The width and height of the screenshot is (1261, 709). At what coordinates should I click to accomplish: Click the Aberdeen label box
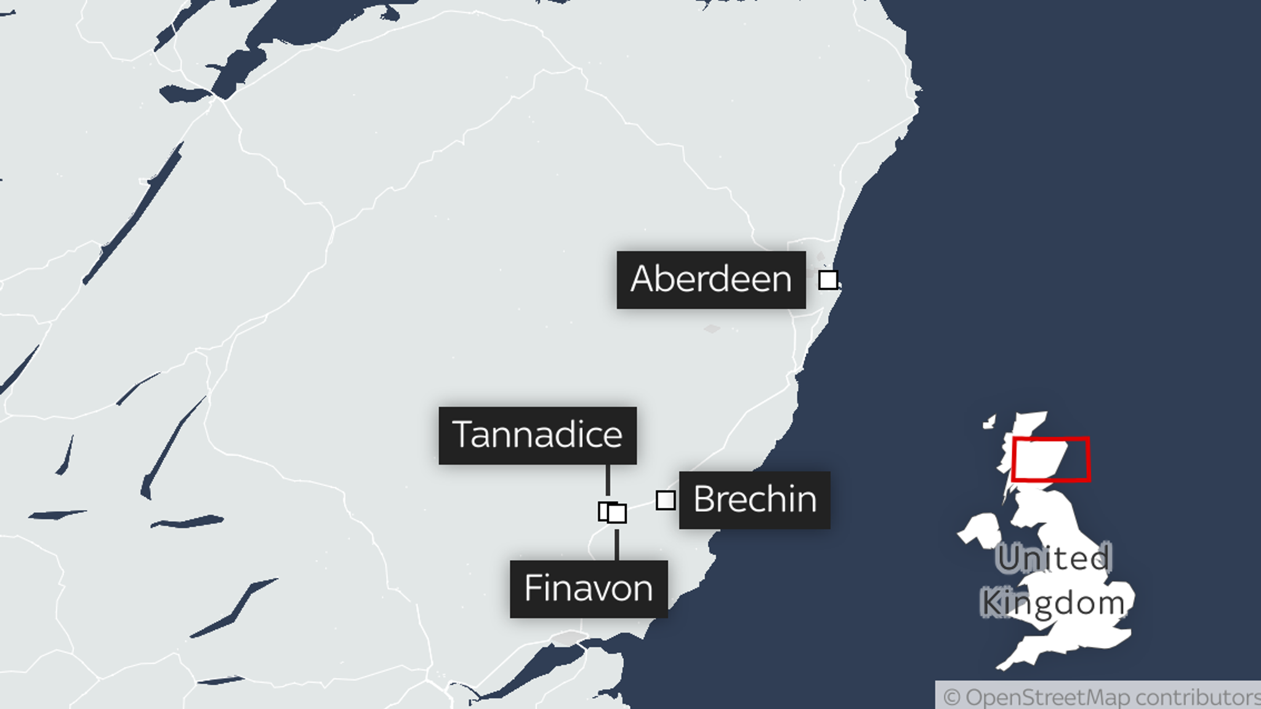coord(711,280)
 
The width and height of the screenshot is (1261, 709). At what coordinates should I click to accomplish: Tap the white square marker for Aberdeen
coord(828,280)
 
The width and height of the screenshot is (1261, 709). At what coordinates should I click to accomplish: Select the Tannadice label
coord(538,435)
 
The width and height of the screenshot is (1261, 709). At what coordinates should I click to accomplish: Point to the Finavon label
coord(589,589)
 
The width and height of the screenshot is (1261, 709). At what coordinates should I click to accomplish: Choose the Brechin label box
coord(755,500)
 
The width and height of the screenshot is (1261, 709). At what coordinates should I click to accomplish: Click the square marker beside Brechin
coord(666,500)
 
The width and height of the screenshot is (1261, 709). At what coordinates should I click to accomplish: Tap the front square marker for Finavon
coord(617,514)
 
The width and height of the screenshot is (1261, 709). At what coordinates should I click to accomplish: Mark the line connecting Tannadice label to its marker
coord(608,480)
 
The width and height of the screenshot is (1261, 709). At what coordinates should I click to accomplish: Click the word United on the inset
coord(1054,559)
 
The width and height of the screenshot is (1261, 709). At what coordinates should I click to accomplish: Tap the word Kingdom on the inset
coord(1053,603)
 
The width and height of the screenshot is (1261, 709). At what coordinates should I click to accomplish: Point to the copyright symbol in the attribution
coord(951,698)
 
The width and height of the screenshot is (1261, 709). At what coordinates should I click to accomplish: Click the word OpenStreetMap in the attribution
coord(1047,698)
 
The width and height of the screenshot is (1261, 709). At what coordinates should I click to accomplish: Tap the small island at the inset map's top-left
coord(989,422)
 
